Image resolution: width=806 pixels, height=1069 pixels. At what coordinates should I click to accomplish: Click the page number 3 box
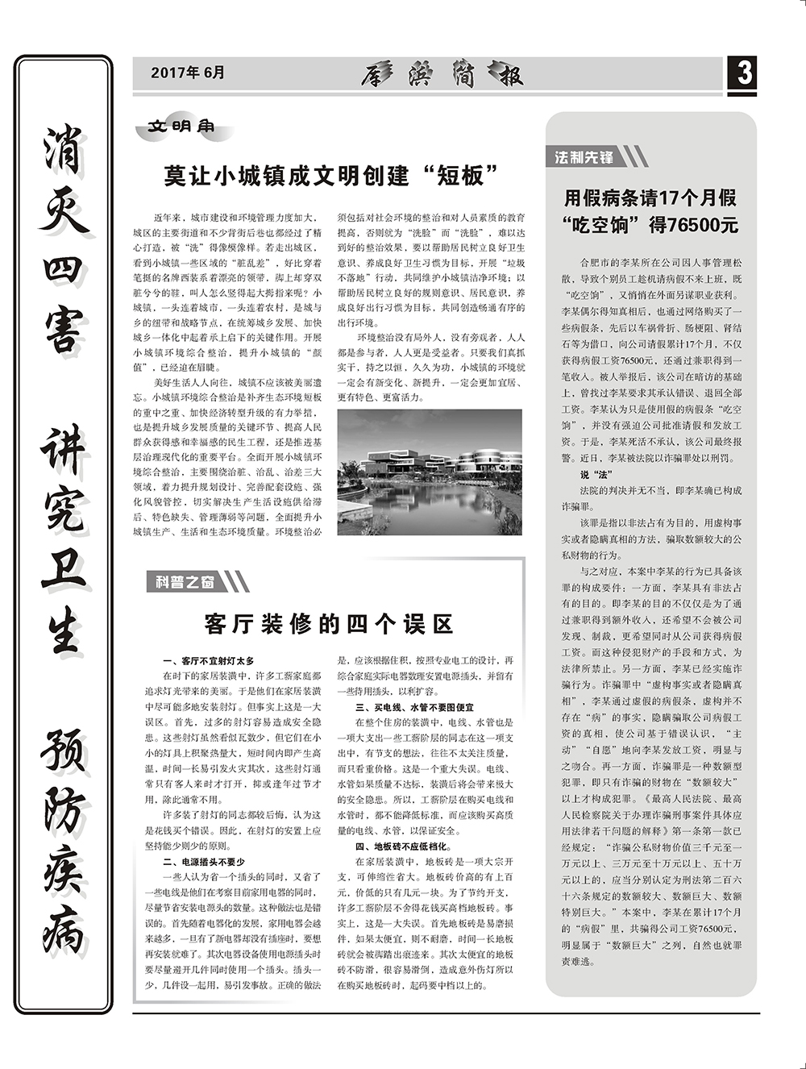[743, 73]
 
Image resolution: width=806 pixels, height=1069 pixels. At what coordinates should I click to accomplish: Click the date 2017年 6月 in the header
[188, 73]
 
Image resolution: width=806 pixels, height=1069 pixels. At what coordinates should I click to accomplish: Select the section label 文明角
[181, 127]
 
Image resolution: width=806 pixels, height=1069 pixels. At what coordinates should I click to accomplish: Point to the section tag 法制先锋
[584, 157]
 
